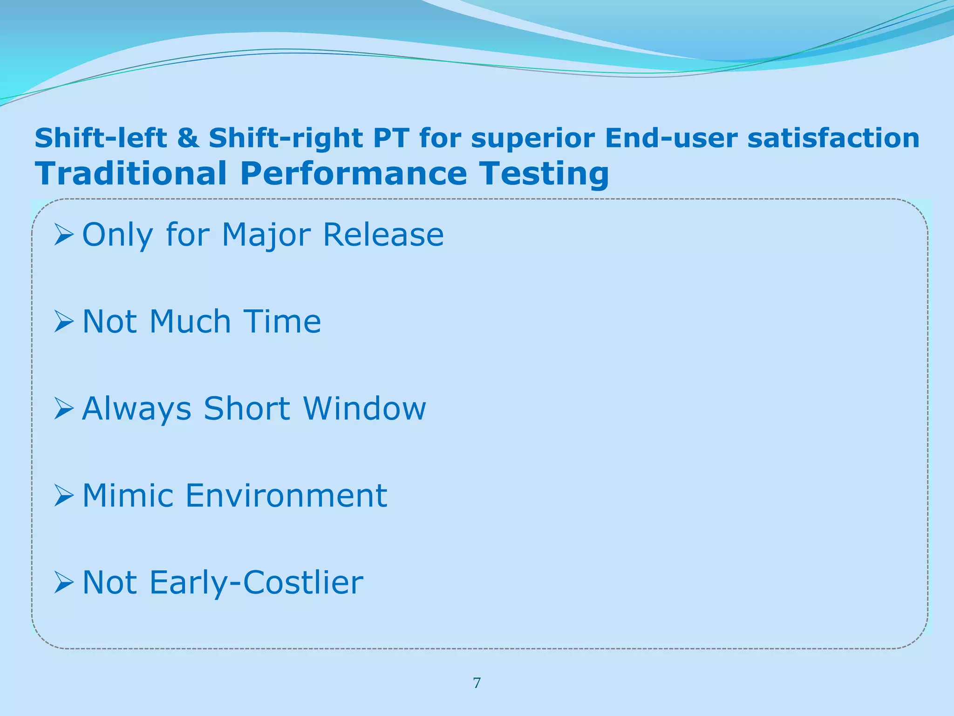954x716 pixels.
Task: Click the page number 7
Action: point(477,683)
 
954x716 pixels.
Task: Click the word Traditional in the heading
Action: point(131,173)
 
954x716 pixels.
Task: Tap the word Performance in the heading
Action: point(354,173)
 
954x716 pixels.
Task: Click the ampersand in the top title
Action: point(188,138)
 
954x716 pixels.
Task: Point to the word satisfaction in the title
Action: point(833,138)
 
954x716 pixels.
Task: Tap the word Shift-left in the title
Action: point(101,138)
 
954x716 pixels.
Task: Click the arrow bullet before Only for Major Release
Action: point(64,234)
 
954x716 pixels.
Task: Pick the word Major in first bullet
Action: point(266,235)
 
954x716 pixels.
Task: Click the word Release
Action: point(383,234)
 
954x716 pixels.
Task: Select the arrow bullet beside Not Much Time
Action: point(64,322)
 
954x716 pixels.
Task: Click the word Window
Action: point(364,408)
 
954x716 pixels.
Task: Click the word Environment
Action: point(286,495)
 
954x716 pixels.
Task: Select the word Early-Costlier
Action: point(256,583)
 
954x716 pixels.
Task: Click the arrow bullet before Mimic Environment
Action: point(64,496)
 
